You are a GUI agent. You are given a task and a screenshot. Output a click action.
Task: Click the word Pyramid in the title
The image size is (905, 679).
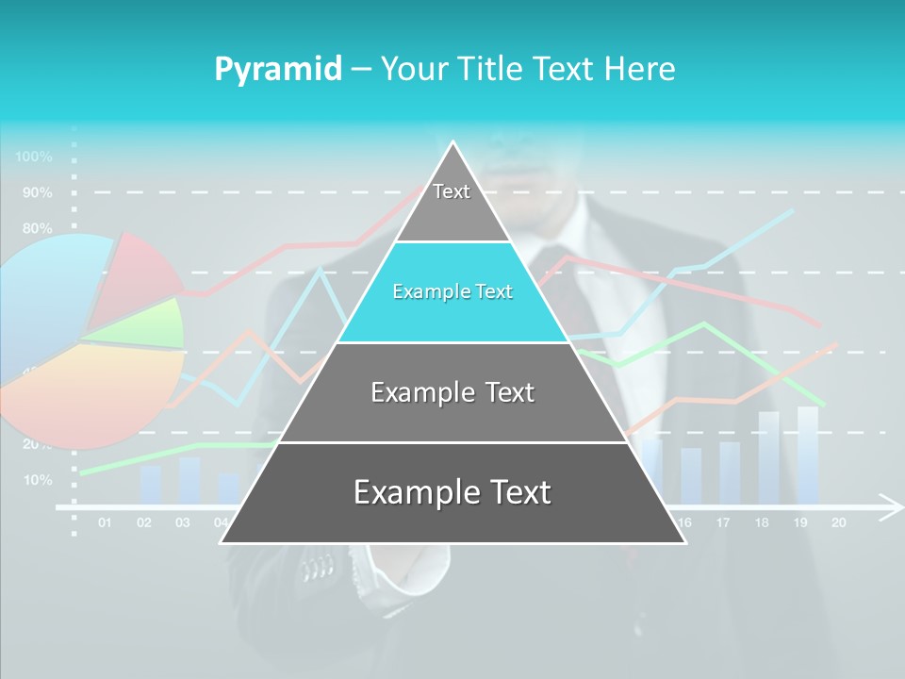click(x=278, y=69)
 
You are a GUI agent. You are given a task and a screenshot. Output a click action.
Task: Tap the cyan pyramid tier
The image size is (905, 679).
click(x=452, y=292)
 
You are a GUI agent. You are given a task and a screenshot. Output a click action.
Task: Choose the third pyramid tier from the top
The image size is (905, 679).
click(x=452, y=392)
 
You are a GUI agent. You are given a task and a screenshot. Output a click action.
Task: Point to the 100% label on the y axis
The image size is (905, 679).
click(x=35, y=157)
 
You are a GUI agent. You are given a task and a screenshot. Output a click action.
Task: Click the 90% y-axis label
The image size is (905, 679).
click(x=38, y=192)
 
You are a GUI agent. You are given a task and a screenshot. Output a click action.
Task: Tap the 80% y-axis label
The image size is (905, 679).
click(x=38, y=228)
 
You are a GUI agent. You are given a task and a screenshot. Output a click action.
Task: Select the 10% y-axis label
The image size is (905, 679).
click(x=38, y=480)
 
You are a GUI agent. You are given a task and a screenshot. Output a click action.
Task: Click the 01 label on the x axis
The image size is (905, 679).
click(x=105, y=522)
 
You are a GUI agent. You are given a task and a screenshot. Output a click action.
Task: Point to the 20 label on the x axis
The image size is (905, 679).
click(x=838, y=522)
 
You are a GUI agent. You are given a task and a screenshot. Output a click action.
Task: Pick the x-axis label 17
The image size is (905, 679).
click(x=723, y=522)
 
